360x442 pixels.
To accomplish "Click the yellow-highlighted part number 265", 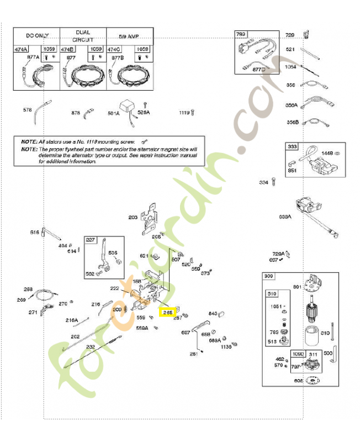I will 167,312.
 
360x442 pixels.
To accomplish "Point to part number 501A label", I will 113,113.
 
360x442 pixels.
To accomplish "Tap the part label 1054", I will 290,67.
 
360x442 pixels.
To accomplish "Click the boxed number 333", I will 292,147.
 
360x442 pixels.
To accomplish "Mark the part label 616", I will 34,232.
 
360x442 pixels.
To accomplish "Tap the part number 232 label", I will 91,346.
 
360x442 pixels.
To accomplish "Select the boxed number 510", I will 272,294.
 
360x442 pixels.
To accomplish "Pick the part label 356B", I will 292,122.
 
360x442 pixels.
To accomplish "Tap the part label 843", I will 213,313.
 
